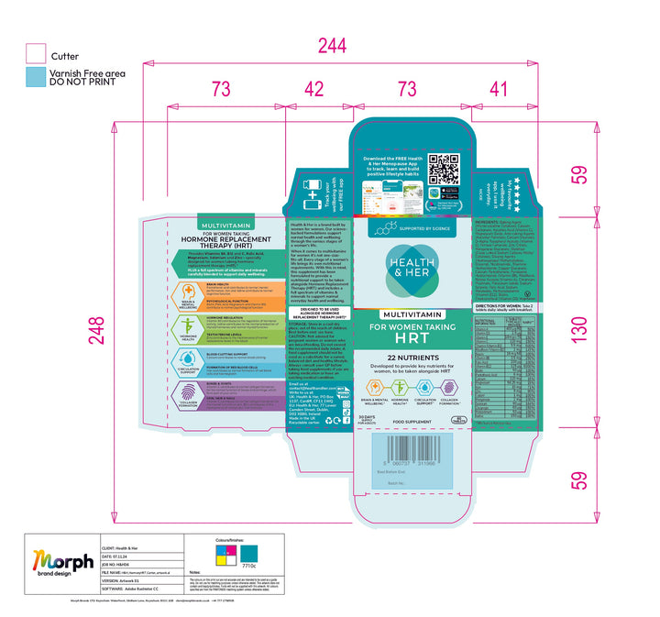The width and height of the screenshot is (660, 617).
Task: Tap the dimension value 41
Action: click(x=498, y=89)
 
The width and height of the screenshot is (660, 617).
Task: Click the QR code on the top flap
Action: click(x=443, y=170)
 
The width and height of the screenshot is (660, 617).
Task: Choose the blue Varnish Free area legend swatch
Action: click(x=36, y=77)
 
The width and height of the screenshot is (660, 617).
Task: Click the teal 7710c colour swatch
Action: click(x=249, y=555)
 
